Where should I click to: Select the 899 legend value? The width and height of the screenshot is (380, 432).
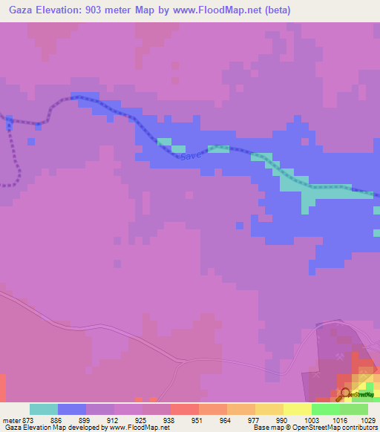click(x=85, y=419)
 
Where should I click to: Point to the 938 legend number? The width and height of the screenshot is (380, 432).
click(x=170, y=419)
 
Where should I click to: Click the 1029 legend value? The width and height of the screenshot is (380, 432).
click(x=368, y=419)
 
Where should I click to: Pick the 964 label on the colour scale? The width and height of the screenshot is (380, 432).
click(x=226, y=419)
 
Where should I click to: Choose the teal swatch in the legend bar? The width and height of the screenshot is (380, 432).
click(x=44, y=409)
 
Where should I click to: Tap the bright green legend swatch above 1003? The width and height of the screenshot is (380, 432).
click(x=326, y=409)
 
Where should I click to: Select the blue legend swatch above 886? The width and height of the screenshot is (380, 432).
click(x=72, y=409)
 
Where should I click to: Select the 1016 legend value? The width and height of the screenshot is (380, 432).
click(x=339, y=419)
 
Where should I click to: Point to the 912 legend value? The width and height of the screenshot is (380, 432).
click(x=114, y=419)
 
